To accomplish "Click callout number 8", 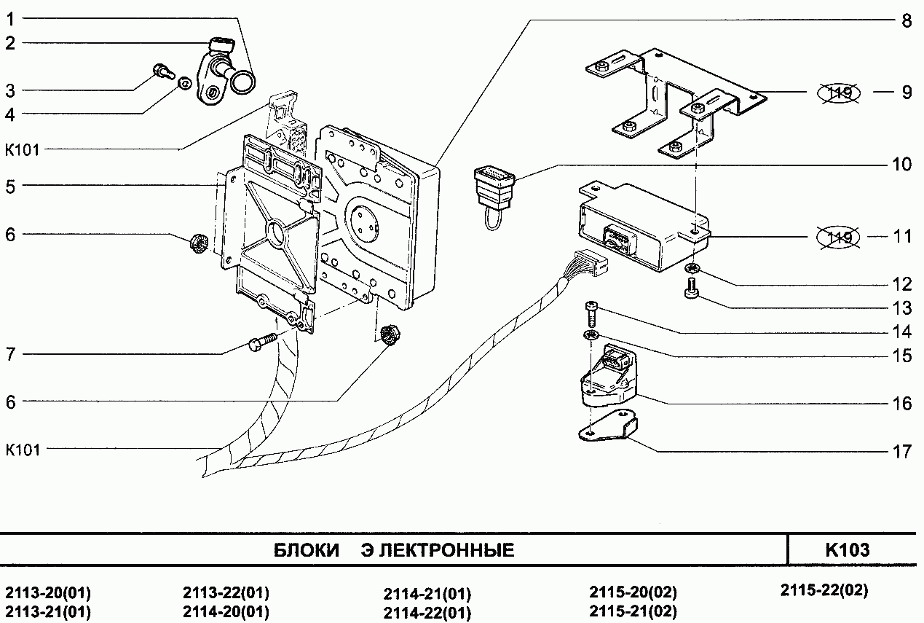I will [x=905, y=20].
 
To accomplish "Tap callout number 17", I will [x=902, y=452].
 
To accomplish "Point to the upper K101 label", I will [x=22, y=150].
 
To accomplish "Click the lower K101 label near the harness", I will [x=23, y=450].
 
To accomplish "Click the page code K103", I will [x=847, y=550].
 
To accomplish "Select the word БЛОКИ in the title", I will [x=307, y=550].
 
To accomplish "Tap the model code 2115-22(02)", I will [x=824, y=589].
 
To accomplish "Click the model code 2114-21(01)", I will [x=427, y=593].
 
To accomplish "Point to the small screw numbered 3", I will [x=162, y=71].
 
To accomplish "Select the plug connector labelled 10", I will [x=492, y=186].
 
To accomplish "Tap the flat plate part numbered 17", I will [x=607, y=428].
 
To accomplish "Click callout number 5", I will [x=10, y=186].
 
